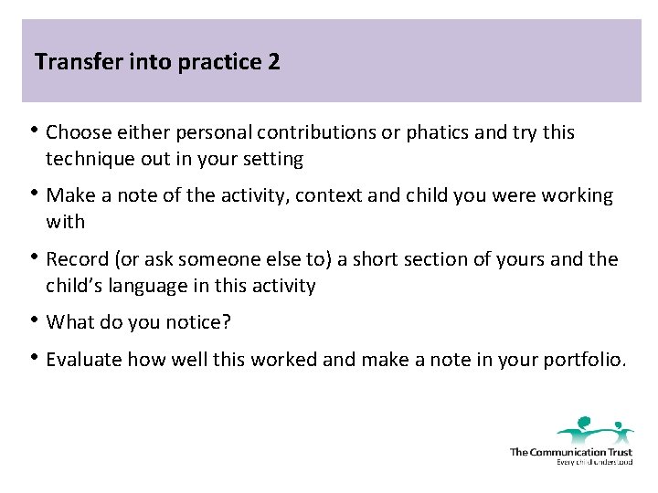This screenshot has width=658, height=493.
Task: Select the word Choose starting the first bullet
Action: pyautogui.click(x=76, y=132)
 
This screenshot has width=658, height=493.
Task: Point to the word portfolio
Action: pyautogui.click(x=587, y=359)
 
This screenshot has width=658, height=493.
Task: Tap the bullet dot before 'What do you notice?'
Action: pyautogui.click(x=35, y=320)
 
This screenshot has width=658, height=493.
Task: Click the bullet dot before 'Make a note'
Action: pyautogui.click(x=35, y=194)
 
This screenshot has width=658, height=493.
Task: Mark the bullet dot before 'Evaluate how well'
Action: pyautogui.click(x=35, y=357)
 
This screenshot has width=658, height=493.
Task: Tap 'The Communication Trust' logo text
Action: pyautogui.click(x=570, y=452)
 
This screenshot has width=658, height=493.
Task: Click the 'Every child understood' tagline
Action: pyautogui.click(x=594, y=462)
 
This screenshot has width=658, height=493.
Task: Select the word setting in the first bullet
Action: pyautogui.click(x=272, y=159)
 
